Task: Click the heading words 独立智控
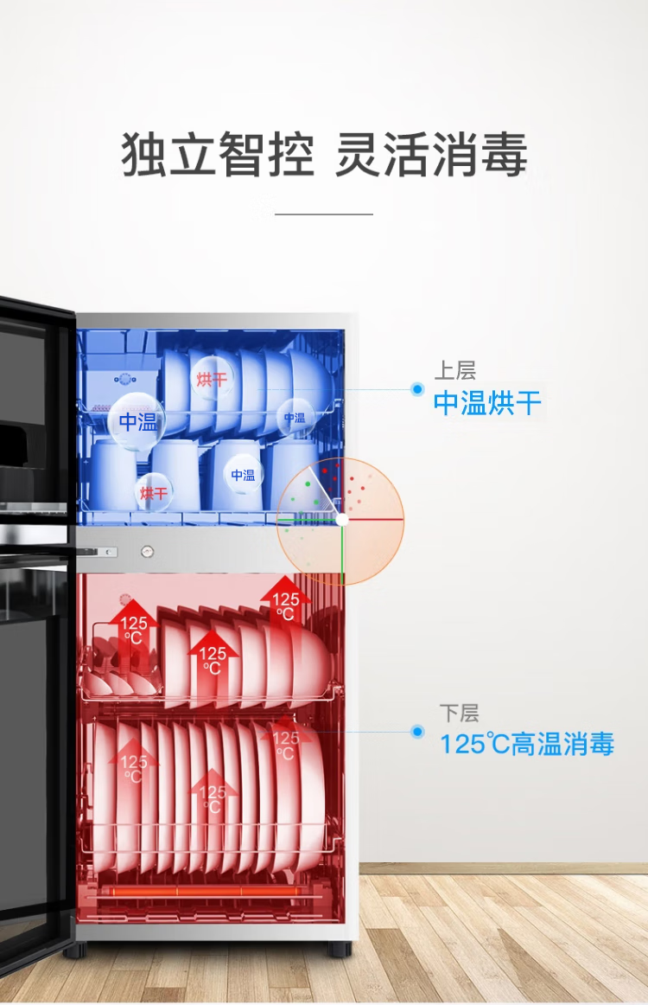217,156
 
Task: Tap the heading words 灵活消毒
430,156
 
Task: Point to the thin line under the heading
323,214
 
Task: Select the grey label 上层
454,371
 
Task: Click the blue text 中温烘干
487,403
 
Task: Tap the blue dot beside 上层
417,390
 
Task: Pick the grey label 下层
458,714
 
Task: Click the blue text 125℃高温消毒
527,744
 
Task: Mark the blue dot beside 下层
417,732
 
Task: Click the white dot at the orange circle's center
342,520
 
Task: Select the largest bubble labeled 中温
137,422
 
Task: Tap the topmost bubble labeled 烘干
211,379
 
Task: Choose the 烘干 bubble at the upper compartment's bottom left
154,493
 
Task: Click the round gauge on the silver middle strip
148,551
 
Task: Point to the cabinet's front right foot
339,949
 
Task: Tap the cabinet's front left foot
74,949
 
